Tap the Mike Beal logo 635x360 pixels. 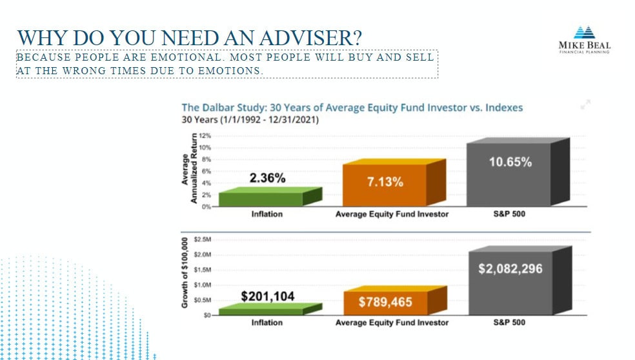(x=584, y=39)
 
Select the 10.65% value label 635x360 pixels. (x=510, y=163)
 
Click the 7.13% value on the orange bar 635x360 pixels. (x=385, y=182)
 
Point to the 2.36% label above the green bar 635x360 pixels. (x=267, y=179)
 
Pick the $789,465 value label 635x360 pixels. (x=386, y=302)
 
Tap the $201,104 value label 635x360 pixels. (x=267, y=297)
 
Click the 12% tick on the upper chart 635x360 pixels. (x=206, y=136)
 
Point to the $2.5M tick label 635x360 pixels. (x=205, y=239)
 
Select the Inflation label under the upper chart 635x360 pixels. (x=267, y=215)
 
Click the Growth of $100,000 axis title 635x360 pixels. (x=185, y=272)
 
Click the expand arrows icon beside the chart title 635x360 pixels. (x=586, y=105)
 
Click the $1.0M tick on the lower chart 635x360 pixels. (x=205, y=285)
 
